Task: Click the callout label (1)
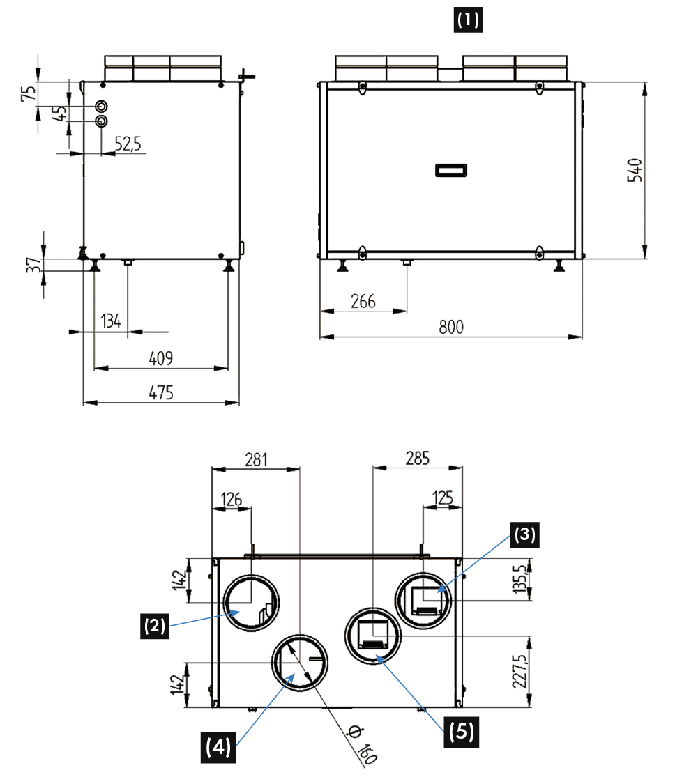pyautogui.click(x=469, y=20)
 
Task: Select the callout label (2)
pyautogui.click(x=154, y=626)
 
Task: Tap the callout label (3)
pyautogui.click(x=524, y=534)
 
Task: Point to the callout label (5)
pyautogui.click(x=461, y=732)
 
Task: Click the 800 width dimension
pyautogui.click(x=452, y=328)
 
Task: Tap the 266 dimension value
pyautogui.click(x=363, y=300)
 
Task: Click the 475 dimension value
pyautogui.click(x=161, y=392)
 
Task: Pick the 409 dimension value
pyautogui.click(x=161, y=358)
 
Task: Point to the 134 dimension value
pyautogui.click(x=112, y=321)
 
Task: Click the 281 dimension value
pyautogui.click(x=256, y=459)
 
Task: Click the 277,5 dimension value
pyautogui.click(x=519, y=670)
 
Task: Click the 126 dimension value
pyautogui.click(x=232, y=499)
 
